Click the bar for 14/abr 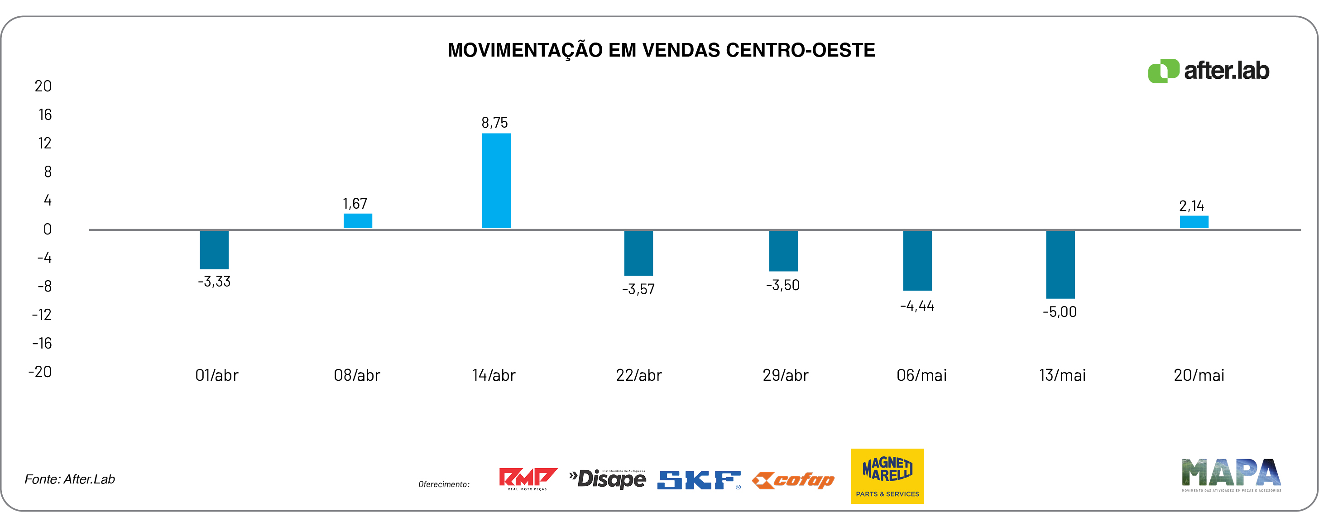(x=496, y=181)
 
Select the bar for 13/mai (x=1060, y=264)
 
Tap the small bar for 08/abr (x=357, y=220)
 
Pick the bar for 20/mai (x=1194, y=222)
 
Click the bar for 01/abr (x=214, y=249)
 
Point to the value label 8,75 (x=494, y=123)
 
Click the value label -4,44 (x=916, y=306)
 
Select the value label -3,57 (x=638, y=289)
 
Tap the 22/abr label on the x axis (x=638, y=375)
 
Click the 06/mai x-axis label (x=921, y=375)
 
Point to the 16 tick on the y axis (x=45, y=115)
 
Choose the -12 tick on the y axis (x=42, y=314)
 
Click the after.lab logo (x=1209, y=71)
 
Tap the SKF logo (x=698, y=480)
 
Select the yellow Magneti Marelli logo (x=887, y=476)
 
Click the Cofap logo (x=793, y=480)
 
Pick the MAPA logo (x=1231, y=474)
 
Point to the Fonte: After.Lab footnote (x=70, y=479)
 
